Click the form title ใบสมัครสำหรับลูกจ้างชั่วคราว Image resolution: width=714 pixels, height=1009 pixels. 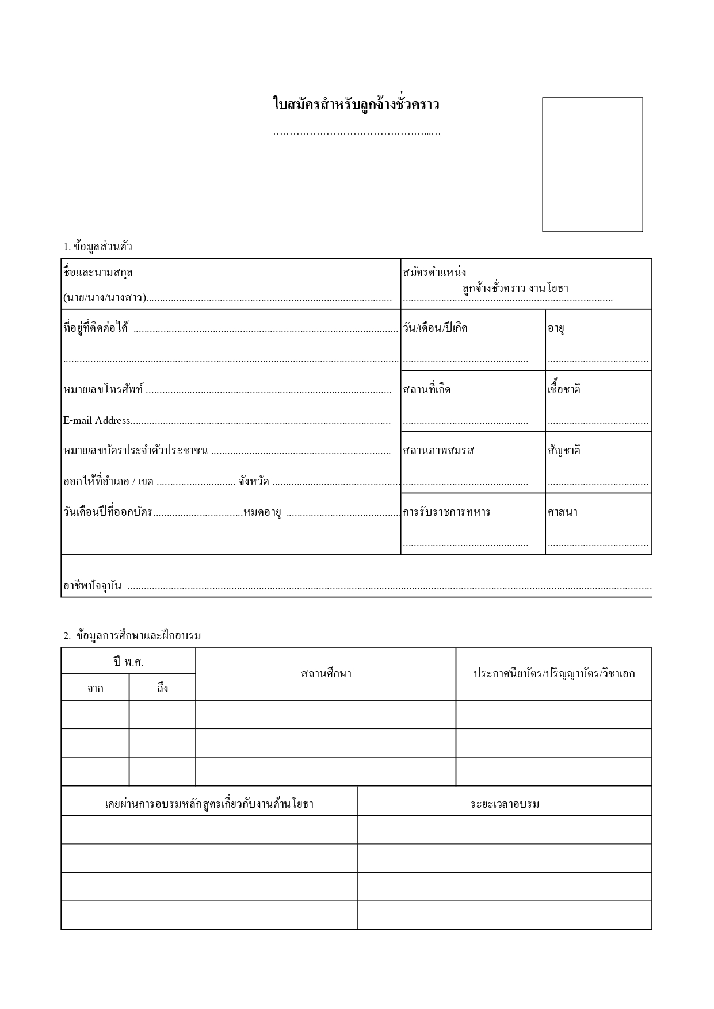tap(356, 105)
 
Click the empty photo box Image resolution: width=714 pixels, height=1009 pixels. tap(592, 164)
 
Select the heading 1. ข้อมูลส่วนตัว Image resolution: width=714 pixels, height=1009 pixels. tap(98, 247)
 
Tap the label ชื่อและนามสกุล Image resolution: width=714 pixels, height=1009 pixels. tap(98, 273)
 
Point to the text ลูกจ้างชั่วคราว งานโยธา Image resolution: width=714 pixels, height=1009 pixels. tap(515, 289)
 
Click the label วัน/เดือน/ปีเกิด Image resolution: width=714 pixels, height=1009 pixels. tap(436, 328)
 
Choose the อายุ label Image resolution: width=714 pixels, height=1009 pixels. tap(556, 329)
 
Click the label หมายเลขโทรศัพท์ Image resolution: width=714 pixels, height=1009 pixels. tap(104, 390)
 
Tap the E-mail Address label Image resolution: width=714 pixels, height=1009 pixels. tap(97, 420)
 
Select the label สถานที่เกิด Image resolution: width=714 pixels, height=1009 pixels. tap(427, 390)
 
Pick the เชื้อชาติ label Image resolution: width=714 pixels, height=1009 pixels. tap(564, 389)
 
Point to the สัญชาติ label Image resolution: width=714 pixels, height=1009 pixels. tap(564, 451)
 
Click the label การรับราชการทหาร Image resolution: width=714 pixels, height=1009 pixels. tap(446, 512)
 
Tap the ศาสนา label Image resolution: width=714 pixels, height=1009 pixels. tap(563, 512)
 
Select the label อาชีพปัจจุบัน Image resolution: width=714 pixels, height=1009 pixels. tap(92, 586)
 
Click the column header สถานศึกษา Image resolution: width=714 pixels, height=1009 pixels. tap(326, 674)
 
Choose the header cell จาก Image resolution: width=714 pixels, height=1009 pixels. tap(96, 688)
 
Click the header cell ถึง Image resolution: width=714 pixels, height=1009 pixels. tap(163, 688)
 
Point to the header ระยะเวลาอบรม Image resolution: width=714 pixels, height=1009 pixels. tap(505, 804)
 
